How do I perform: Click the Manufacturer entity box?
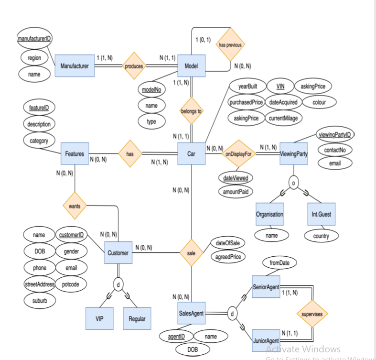[75, 66]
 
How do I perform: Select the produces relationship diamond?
[134, 66]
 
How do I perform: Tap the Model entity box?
[191, 66]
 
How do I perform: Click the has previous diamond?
[231, 45]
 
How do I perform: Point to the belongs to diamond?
[191, 111]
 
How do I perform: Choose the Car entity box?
[191, 153]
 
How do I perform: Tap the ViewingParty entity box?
[293, 153]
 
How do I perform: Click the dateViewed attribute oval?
[236, 178]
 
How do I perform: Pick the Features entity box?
[75, 154]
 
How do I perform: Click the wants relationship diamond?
[75, 207]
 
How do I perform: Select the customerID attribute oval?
[71, 235]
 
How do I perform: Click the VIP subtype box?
[100, 318]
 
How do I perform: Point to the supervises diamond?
[312, 314]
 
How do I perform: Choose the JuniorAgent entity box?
[266, 340]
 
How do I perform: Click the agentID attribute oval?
[176, 337]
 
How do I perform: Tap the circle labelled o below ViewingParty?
[294, 182]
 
